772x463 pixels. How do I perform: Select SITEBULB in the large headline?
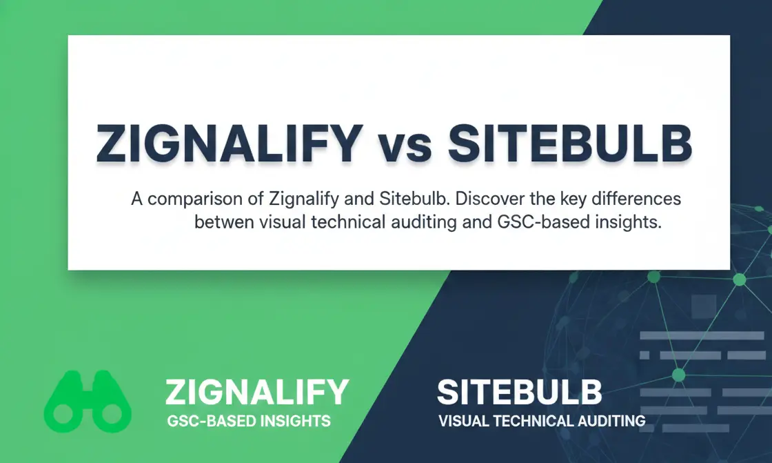pos(569,144)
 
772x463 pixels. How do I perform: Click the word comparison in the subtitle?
pos(204,199)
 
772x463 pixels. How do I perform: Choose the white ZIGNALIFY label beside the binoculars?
pos(257,393)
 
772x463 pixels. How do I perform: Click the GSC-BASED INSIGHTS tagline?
pos(249,420)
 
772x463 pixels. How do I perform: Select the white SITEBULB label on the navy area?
pos(520,393)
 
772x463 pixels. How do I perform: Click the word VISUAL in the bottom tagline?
pos(462,420)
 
